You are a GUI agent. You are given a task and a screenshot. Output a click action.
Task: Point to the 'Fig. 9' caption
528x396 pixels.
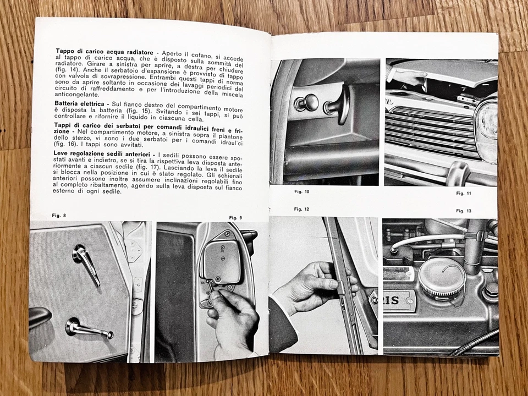point(235,218)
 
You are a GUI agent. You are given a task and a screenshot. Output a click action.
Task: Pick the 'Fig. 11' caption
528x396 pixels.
point(464,194)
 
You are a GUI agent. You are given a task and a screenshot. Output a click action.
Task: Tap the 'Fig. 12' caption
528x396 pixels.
point(301,209)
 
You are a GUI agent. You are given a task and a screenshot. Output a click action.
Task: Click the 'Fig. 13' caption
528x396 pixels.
point(464,211)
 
